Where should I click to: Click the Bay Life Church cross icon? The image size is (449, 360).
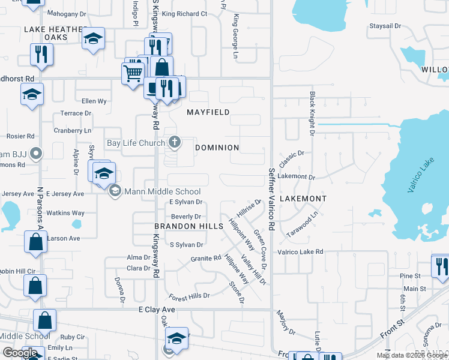tap(175, 142)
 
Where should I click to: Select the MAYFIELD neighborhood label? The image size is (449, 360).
tap(208, 112)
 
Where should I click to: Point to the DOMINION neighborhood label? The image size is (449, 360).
tap(218, 147)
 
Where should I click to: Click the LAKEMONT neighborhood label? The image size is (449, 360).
tap(303, 198)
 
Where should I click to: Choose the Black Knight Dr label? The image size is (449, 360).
tap(312, 113)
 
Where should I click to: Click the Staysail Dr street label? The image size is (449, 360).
tap(385, 26)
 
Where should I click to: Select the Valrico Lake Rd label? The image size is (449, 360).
tap(300, 251)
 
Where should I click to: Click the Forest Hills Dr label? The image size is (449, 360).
tap(189, 296)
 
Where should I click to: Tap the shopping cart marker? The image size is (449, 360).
tap(132, 73)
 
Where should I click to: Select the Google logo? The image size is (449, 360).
tap(20, 352)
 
